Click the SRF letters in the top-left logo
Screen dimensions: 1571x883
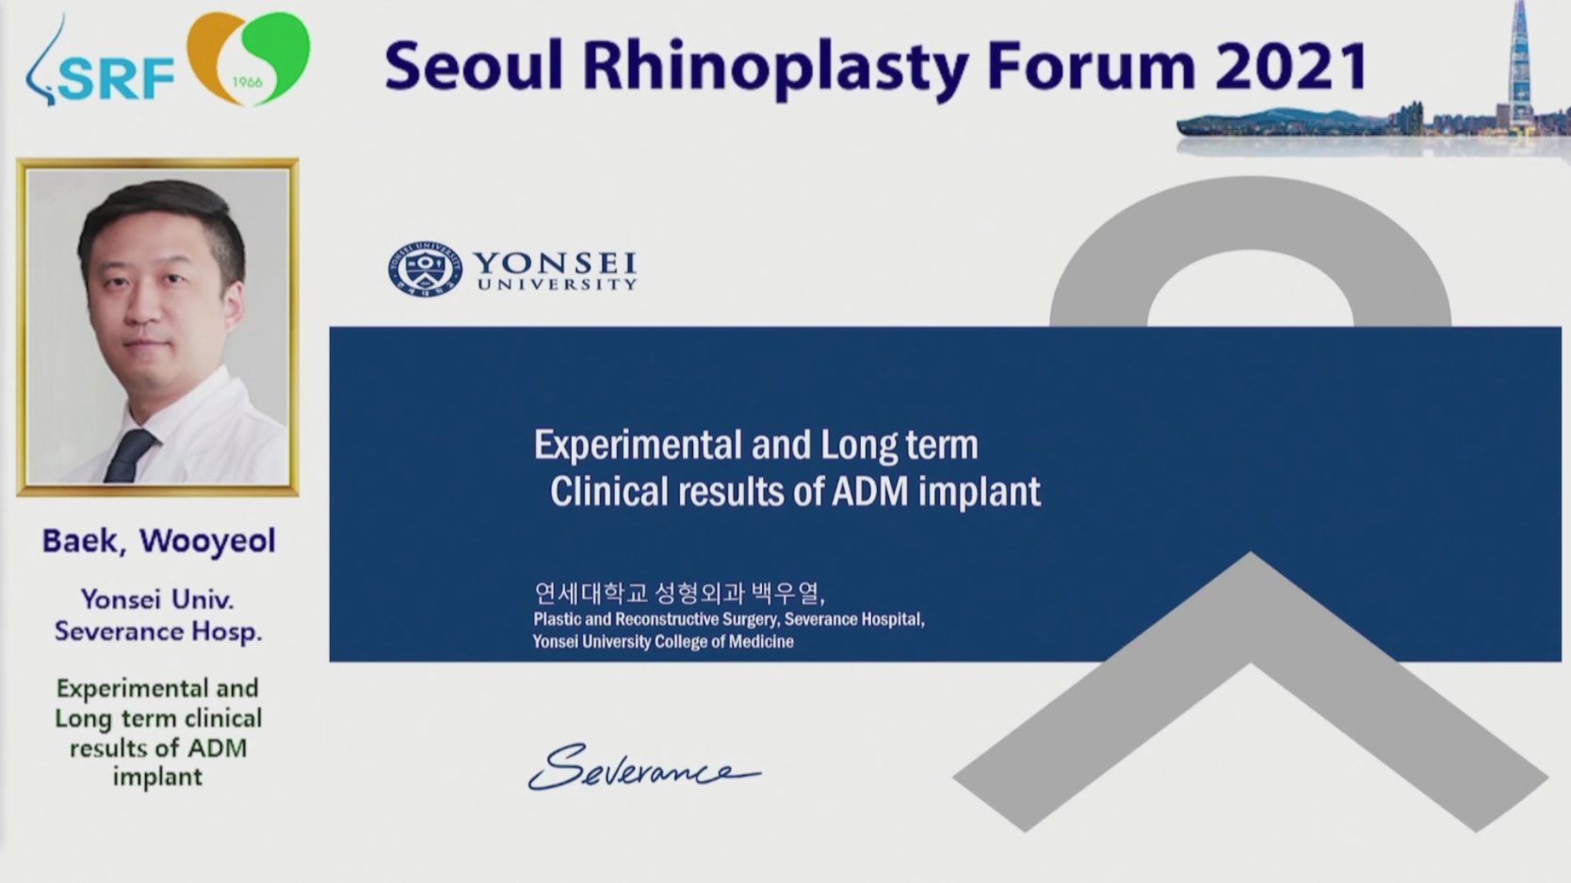(x=117, y=78)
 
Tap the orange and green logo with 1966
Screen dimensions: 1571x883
(x=249, y=58)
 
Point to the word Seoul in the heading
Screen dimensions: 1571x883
(x=474, y=66)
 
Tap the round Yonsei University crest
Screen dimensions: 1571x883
(x=425, y=269)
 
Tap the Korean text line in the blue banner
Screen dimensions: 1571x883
(x=679, y=594)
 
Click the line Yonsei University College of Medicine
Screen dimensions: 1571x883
(x=663, y=642)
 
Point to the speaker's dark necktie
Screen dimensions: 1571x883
(x=130, y=456)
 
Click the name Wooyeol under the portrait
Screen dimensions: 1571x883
(x=207, y=541)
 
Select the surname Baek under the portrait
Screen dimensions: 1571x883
(x=84, y=541)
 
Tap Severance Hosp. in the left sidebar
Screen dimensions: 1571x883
(x=158, y=632)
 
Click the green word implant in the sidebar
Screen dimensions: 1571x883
(x=158, y=778)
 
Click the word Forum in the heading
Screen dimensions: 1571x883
(x=1092, y=67)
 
